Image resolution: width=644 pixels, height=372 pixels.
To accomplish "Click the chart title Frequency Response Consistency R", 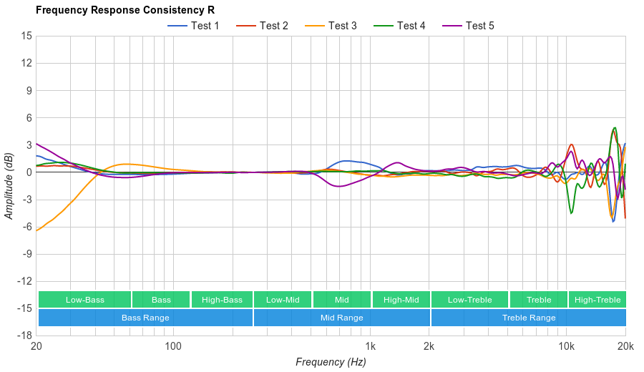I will (x=125, y=11).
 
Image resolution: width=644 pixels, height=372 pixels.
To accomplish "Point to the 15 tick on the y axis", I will (x=26, y=36).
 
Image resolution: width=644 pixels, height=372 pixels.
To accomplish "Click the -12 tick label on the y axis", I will (x=24, y=280).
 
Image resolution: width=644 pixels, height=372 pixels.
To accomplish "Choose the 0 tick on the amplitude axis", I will (x=29, y=172).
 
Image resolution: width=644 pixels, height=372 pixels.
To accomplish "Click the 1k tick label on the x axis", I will (x=370, y=347).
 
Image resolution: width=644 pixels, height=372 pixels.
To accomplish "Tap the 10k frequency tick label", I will (x=566, y=347).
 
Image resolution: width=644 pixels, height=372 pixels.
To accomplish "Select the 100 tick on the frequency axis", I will (x=173, y=347).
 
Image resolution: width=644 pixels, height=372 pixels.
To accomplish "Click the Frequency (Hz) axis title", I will (x=331, y=362).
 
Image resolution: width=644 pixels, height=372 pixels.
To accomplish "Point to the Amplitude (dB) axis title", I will (x=9, y=185).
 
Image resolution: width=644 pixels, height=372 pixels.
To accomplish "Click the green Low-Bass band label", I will (x=84, y=300).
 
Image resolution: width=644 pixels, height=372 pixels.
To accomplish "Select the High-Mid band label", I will (x=401, y=300).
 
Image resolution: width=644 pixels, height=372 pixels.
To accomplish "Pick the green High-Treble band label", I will (x=597, y=300).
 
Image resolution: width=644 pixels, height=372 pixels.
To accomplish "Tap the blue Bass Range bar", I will (x=145, y=318).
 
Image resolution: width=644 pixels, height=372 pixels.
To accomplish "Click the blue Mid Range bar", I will (x=341, y=318).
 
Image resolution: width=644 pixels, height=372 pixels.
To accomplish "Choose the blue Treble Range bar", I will (x=529, y=318).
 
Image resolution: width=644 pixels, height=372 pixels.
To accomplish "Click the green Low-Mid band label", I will (x=283, y=300).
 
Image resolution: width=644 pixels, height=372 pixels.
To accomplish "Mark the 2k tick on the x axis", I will (x=429, y=347).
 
